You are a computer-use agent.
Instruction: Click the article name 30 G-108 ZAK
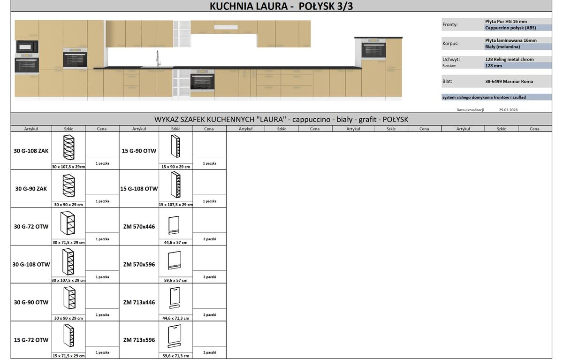coord(31,151)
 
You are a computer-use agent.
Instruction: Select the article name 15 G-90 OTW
coord(139,151)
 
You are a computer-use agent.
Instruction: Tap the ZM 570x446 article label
coord(139,227)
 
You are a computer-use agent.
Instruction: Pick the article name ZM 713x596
coord(139,340)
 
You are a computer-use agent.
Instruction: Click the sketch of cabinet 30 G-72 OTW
coord(68,223)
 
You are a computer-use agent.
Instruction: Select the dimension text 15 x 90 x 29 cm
coord(175,167)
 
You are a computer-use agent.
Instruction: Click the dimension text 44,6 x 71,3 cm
coord(175,318)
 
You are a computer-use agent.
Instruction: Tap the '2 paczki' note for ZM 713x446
coord(210,315)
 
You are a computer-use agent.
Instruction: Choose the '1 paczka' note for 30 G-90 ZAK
coord(102,201)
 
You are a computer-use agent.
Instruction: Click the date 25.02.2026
coord(508,110)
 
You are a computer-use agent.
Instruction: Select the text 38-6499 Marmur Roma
coord(509,82)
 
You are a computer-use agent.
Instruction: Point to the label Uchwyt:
coord(451,60)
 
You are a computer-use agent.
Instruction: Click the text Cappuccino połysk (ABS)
coord(510,28)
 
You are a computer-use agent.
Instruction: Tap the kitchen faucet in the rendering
coord(158,59)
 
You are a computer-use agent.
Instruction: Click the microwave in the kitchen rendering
coord(27,47)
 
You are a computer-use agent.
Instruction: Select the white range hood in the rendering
coord(226,27)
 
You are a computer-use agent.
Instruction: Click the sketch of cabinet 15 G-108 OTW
coord(175,184)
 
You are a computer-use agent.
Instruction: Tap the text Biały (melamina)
coord(502,47)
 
